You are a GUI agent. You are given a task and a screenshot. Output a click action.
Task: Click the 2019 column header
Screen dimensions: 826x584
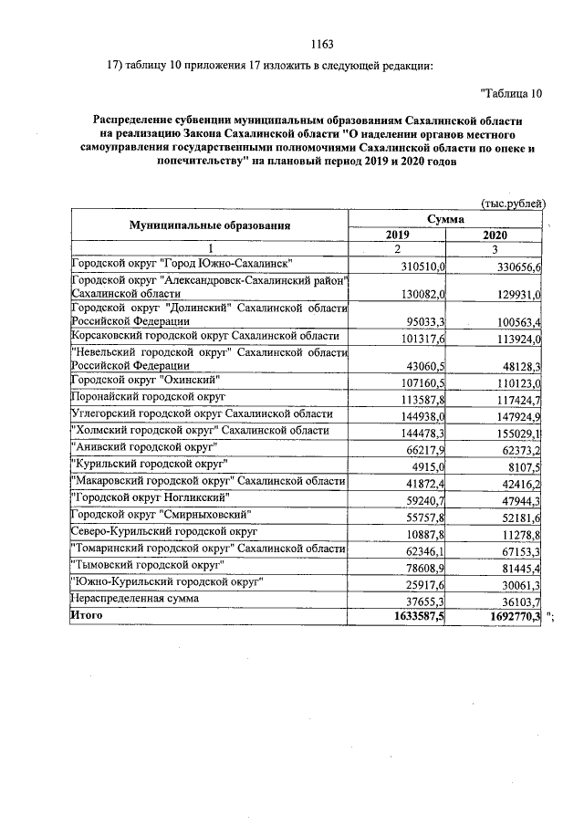(x=398, y=235)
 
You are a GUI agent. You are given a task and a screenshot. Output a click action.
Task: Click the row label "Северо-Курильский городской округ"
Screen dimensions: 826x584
(x=164, y=530)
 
